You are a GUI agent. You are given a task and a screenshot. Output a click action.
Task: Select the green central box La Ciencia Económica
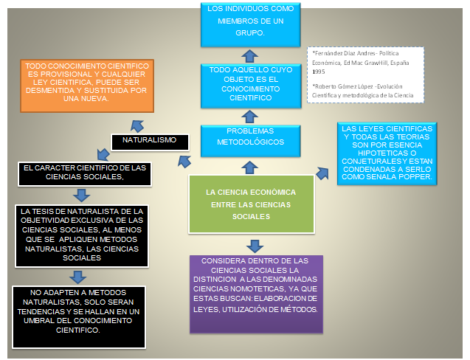pos(252,204)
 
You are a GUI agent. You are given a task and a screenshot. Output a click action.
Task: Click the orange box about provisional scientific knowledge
pos(87,83)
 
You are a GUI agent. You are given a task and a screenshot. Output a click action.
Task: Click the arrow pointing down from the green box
pos(254,246)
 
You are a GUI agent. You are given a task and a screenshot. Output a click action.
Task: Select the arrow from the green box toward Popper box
pos(322,173)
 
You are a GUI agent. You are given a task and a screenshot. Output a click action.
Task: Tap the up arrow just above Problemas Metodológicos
pos(250,116)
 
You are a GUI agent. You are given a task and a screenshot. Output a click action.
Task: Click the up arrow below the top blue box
pos(250,55)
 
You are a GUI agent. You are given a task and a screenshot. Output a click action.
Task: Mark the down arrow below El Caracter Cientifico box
pos(80,195)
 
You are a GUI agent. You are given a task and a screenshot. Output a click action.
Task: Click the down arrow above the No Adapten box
pos(77,276)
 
